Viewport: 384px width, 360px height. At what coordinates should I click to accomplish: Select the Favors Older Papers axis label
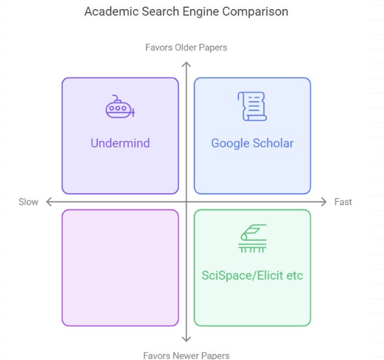coord(186,47)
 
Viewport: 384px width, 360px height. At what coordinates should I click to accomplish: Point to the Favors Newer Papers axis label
coord(186,355)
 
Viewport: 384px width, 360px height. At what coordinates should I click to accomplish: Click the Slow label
coord(28,202)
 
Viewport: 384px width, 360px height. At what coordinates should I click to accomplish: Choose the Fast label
coord(343,202)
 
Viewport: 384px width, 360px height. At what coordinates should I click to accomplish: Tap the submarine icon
coord(119,107)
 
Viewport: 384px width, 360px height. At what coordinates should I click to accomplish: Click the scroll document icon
coord(252,107)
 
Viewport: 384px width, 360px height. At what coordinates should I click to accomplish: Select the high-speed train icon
coord(252,239)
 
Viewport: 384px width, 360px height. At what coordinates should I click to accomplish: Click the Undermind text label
coord(120,143)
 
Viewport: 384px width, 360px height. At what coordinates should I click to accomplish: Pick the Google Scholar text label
coord(252,143)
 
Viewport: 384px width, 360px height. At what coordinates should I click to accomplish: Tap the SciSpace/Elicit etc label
coord(252,276)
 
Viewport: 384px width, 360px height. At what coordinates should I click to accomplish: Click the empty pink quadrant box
coord(120,268)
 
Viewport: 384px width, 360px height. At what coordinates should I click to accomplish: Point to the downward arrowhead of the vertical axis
coord(186,340)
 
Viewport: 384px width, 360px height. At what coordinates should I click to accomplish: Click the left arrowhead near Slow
coord(48,202)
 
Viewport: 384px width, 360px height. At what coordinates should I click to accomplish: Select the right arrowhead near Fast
coord(325,202)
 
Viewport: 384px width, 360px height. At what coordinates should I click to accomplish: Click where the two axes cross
coord(186,202)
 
